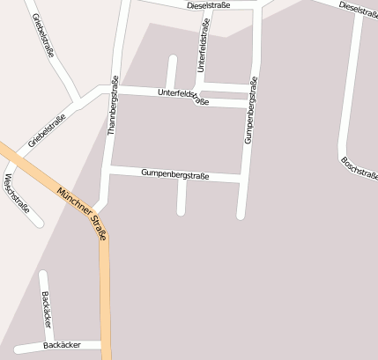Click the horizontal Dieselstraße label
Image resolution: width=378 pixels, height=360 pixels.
[209, 5]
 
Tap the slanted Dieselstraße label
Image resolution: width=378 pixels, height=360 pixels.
[358, 9]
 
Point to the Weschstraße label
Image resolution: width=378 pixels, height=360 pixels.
[17, 195]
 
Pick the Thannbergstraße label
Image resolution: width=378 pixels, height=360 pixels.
[113, 105]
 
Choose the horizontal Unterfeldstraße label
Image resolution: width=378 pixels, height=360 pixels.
[183, 97]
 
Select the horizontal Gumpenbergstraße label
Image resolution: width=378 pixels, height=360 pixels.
[174, 175]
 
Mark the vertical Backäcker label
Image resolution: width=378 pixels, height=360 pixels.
[46, 307]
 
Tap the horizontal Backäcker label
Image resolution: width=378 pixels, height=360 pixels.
[62, 345]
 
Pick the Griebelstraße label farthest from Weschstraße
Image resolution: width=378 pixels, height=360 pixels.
[43, 36]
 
